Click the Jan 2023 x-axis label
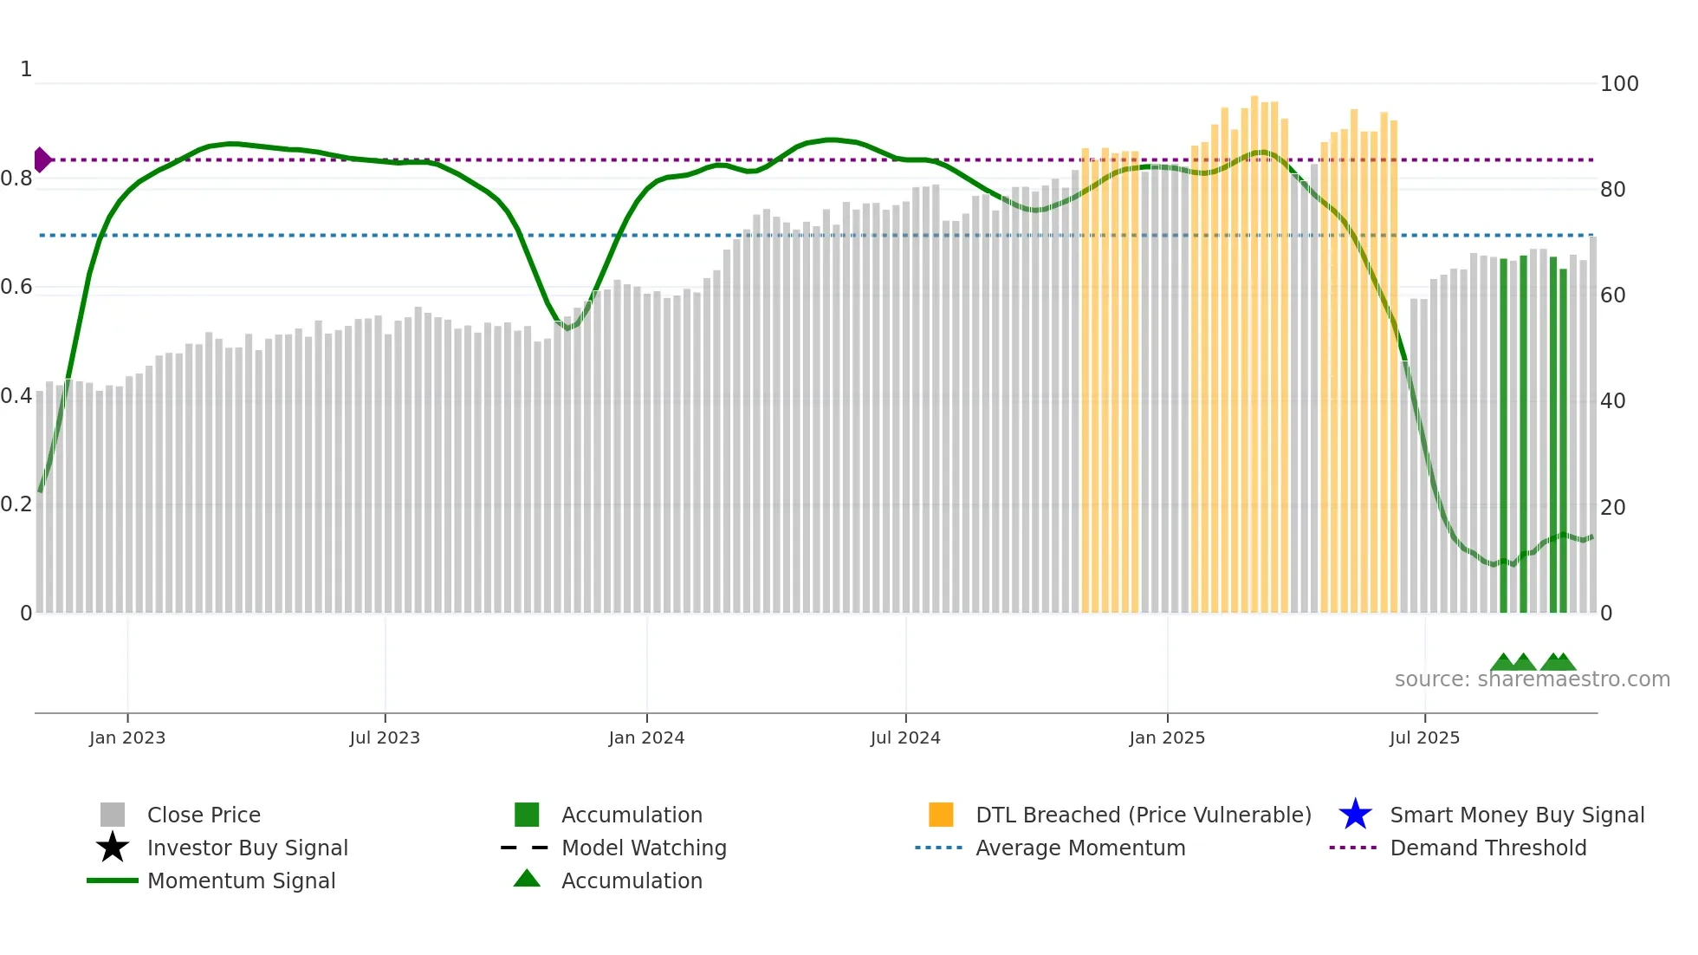coord(126,737)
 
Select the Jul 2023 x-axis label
coord(385,737)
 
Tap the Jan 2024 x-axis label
coord(646,737)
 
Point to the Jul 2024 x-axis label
coord(905,737)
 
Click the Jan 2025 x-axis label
coord(1167,737)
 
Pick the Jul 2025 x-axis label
coord(1424,737)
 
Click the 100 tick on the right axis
coord(1619,84)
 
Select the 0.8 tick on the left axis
coord(16,179)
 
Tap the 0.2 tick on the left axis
coord(16,504)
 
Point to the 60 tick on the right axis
coord(1613,296)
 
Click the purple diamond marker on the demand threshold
coord(42,160)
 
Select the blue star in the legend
coord(1355,815)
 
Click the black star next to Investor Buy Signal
coord(113,848)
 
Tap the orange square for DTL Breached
coord(941,815)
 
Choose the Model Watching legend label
coord(644,848)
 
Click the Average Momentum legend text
coord(1080,848)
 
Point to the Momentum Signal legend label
coord(241,880)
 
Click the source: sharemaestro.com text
coord(1532,679)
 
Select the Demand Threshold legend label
coord(1487,848)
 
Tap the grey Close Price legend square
coord(113,815)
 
